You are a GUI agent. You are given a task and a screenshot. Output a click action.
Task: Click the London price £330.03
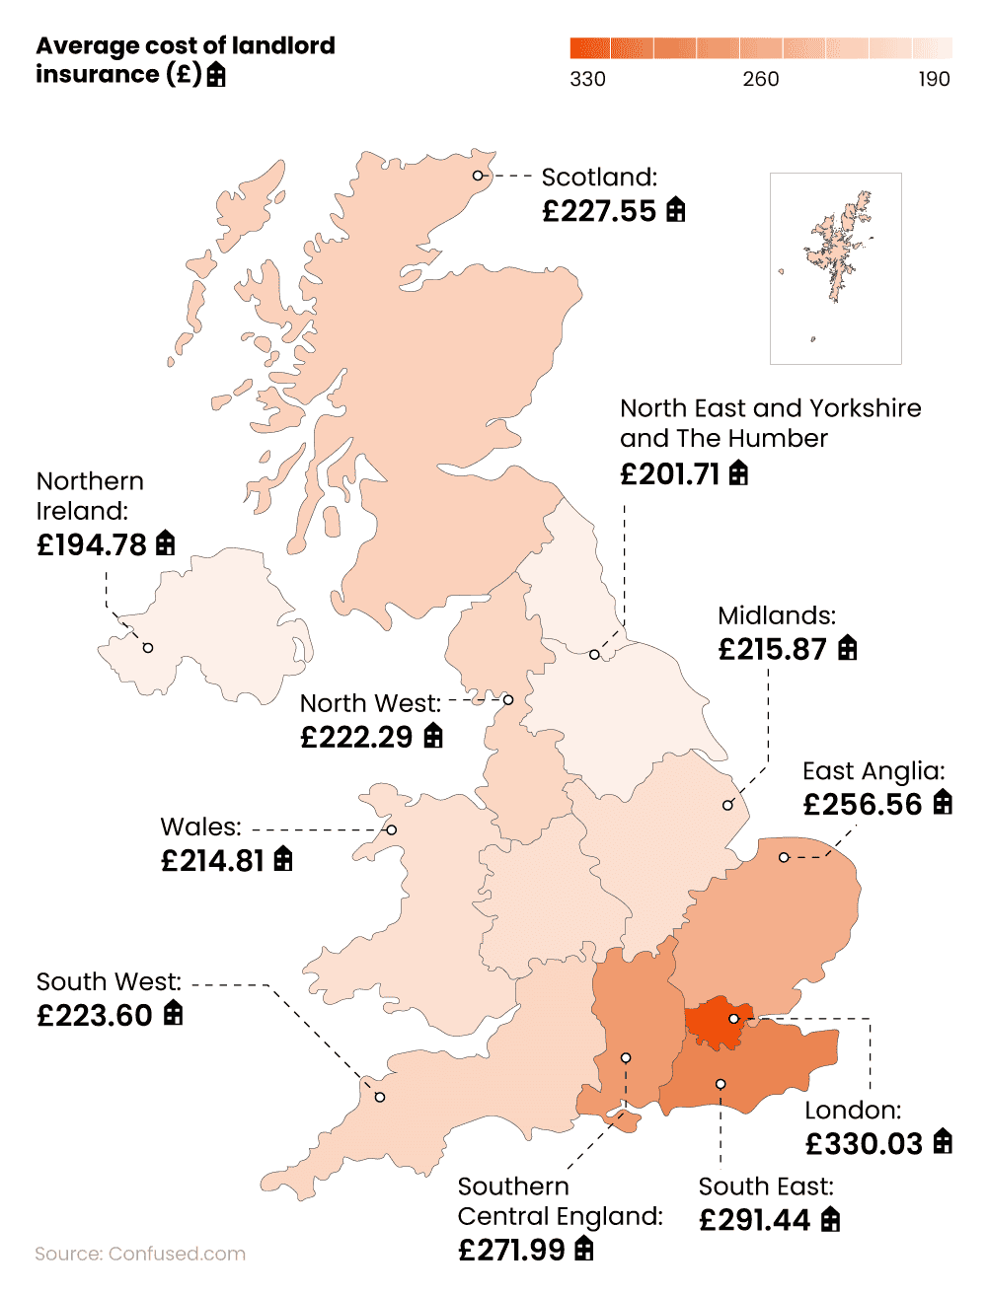(x=864, y=1143)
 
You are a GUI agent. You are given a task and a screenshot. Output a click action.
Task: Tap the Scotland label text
(x=599, y=178)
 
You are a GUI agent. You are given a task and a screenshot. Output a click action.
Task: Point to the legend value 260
(x=761, y=79)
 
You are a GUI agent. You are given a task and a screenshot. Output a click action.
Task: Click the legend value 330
(x=587, y=79)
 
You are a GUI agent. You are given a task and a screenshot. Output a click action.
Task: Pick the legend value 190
(x=934, y=79)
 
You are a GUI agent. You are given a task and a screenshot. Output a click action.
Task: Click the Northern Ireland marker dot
(x=148, y=648)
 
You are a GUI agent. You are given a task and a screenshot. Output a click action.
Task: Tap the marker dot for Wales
(x=392, y=830)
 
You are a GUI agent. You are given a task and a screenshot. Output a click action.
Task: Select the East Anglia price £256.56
(x=863, y=804)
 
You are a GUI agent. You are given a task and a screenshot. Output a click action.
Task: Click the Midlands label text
(x=777, y=616)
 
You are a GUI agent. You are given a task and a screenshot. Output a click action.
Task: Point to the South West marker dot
(x=380, y=1097)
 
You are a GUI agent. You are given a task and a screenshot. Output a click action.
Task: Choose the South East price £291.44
(x=755, y=1220)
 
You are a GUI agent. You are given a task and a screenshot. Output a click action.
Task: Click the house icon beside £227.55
(x=676, y=210)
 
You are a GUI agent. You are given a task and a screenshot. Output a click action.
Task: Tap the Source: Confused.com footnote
(x=140, y=1254)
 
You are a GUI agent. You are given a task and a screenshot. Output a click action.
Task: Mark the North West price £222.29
(x=357, y=737)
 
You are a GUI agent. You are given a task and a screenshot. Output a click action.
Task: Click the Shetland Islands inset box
(x=835, y=268)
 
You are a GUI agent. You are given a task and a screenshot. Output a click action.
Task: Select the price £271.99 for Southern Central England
(x=512, y=1250)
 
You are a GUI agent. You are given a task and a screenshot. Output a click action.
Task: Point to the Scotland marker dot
(x=478, y=176)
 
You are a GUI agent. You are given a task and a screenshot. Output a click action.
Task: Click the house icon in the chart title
(x=216, y=75)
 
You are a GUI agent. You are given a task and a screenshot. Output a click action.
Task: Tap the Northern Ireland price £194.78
(x=92, y=544)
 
